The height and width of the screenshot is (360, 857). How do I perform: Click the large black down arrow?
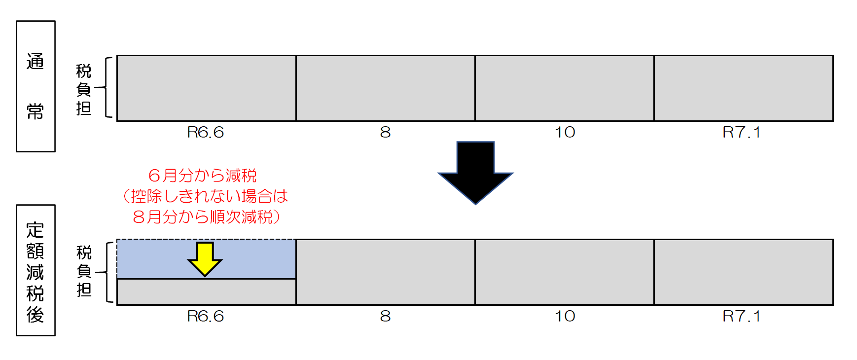[475, 173]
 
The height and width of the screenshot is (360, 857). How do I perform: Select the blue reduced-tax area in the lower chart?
[206, 259]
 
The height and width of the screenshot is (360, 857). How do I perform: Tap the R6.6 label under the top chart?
[206, 132]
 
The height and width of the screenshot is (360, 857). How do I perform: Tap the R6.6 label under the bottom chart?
[206, 316]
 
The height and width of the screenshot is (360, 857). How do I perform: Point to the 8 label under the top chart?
[385, 132]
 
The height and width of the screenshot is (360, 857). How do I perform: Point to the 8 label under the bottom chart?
[385, 316]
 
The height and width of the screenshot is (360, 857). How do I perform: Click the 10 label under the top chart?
[565, 132]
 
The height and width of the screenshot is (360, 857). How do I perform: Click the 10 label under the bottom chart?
[565, 316]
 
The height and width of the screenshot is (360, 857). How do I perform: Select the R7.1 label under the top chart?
[742, 132]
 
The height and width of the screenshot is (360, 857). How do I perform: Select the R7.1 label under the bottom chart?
[742, 316]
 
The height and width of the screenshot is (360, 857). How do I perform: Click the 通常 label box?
[36, 86]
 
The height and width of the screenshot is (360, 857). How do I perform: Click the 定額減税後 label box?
[36, 270]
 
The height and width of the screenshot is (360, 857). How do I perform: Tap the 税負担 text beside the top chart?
[84, 89]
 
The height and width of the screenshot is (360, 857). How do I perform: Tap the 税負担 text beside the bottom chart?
[84, 271]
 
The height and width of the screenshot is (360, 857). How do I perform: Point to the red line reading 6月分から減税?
[202, 175]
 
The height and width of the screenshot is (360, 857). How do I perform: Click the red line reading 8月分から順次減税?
[206, 216]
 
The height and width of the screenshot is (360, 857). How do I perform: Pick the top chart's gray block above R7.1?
[744, 88]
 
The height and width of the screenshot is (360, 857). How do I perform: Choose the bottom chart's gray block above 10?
[565, 272]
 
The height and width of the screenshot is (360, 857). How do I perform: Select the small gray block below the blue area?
[206, 292]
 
